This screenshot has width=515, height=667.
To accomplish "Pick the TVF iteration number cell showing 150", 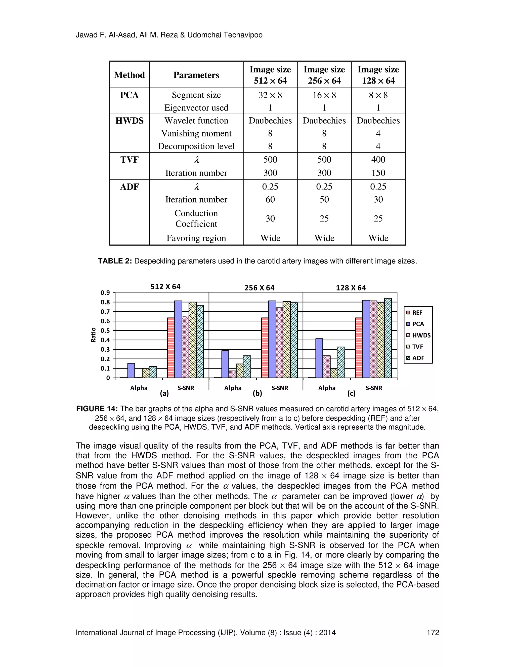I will tap(378, 173).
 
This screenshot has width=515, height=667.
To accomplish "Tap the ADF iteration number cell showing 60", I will tap(270, 199).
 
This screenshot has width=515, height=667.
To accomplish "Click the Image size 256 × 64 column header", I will tap(324, 75).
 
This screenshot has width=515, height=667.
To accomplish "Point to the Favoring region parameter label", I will tap(196, 238).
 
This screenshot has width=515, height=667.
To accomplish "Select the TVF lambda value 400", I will tap(378, 159).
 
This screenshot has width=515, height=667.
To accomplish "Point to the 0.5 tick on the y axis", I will tap(106, 330).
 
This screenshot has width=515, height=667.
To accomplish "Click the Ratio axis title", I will tap(93, 335).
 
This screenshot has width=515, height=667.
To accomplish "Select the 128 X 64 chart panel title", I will tap(351, 288).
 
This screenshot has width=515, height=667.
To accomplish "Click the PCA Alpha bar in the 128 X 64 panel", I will tap(319, 358).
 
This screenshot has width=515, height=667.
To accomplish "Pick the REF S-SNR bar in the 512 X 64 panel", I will tap(171, 348).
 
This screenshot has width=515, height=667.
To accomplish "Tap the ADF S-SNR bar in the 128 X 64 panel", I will tap(388, 338).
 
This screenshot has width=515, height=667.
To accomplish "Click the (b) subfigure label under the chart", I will tap(257, 393).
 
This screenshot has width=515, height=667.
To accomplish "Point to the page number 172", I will tap(433, 633).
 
